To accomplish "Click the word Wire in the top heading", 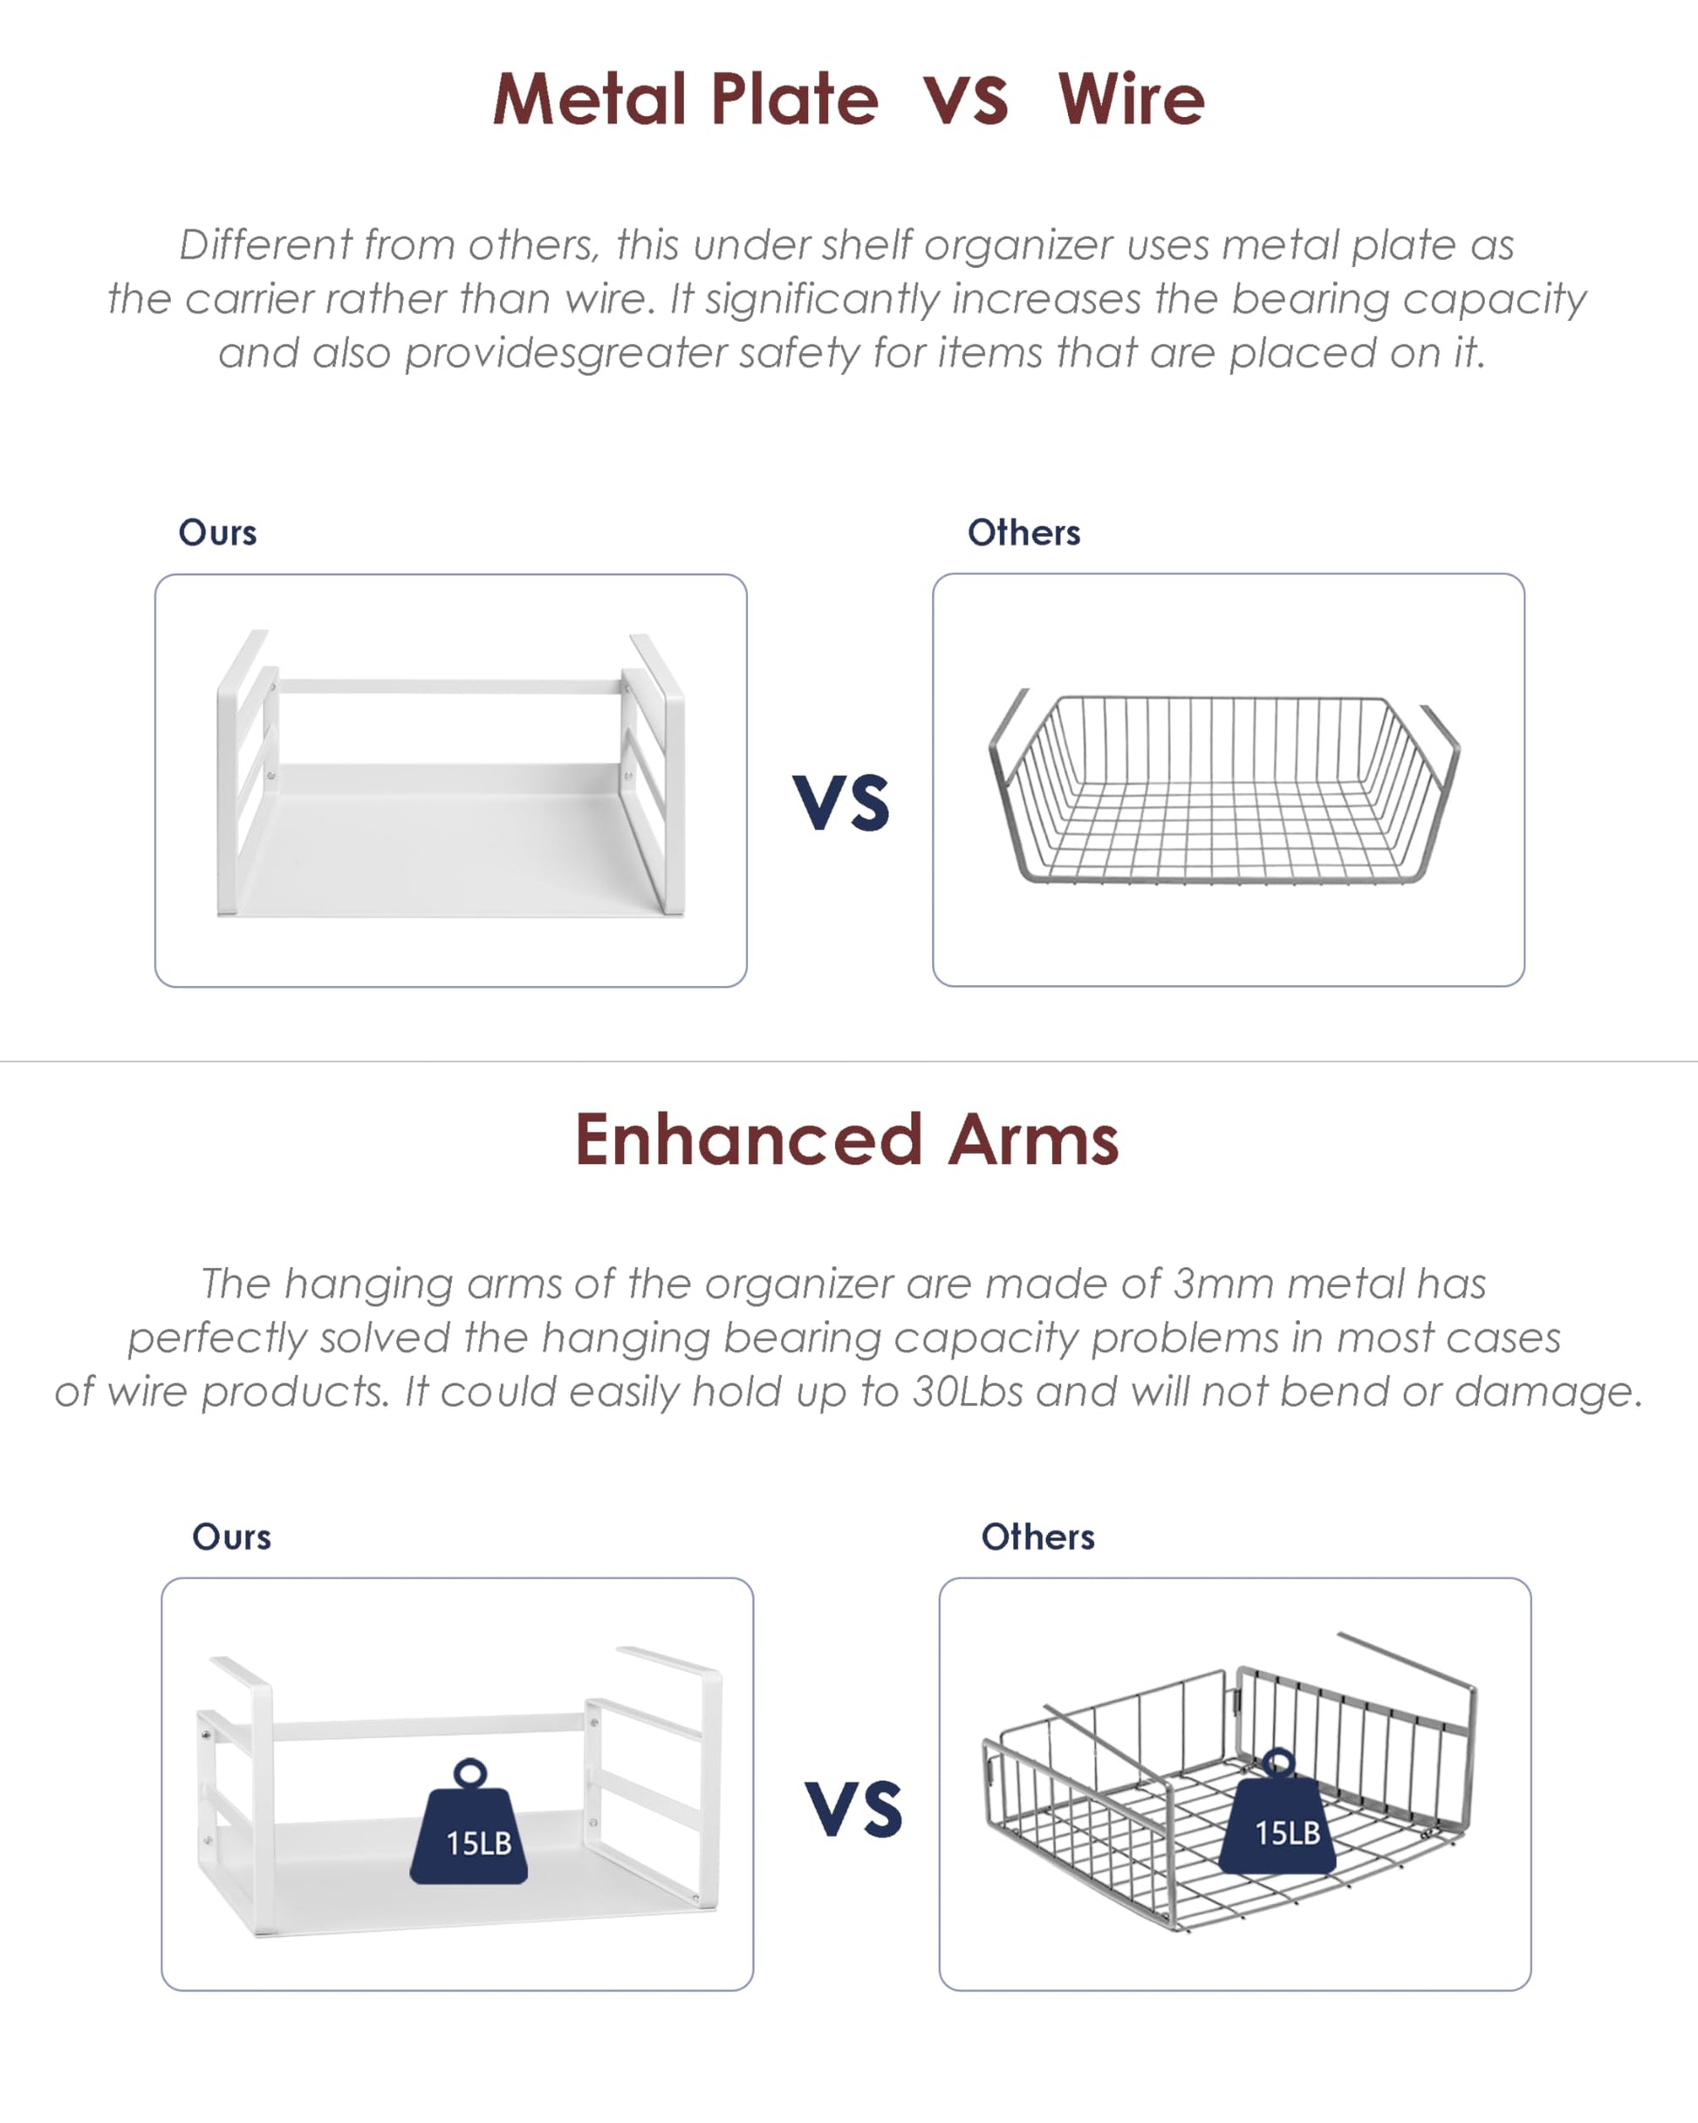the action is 1131,99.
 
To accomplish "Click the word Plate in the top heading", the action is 794,99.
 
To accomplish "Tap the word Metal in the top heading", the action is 589,99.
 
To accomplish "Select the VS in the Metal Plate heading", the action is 965,100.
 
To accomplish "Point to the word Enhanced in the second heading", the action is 749,1140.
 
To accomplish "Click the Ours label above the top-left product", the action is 217,533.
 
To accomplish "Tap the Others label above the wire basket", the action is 1024,533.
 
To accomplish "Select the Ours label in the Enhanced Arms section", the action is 231,1537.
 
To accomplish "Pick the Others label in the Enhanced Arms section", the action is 1038,1537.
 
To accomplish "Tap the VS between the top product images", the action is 841,802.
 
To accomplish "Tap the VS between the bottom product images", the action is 853,1810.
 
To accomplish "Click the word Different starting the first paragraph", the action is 266,245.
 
